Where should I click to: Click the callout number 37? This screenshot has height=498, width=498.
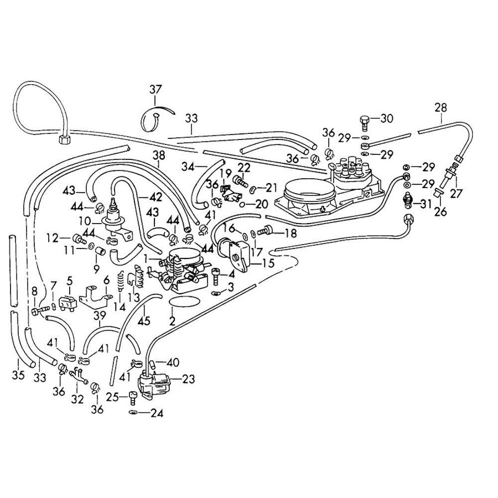(155, 90)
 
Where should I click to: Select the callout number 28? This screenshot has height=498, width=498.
(441, 108)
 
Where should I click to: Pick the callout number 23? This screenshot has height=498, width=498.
(188, 379)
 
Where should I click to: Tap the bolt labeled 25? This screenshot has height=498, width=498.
(132, 397)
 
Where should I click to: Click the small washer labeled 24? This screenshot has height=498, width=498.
(132, 412)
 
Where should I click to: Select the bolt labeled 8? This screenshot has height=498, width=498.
(38, 311)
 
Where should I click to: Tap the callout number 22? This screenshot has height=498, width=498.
(244, 167)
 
